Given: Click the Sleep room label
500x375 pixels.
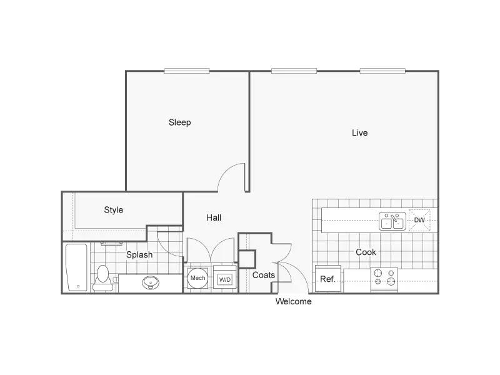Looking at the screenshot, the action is coord(179,122).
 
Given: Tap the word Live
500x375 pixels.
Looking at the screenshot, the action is coord(360,132).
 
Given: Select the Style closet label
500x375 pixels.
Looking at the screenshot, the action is coord(114,210).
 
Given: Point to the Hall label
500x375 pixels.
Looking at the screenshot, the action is coord(214,217).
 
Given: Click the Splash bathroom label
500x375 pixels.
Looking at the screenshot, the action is coord(139,255).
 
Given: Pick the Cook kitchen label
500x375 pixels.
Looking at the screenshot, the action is coord(366,252).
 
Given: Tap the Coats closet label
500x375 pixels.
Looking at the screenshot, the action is coord(263,275).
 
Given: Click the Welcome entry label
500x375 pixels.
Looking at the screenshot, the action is coord(293,301).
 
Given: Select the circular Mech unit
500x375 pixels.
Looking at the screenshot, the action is coord(197,278).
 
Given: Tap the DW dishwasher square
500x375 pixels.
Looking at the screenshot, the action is coord(419,220).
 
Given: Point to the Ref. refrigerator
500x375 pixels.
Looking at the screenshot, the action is coord(327,279).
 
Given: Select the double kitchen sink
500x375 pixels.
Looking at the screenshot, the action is coord(392,221).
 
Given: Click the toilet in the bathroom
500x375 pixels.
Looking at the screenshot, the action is coord(102,277).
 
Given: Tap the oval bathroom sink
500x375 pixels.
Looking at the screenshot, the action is coord(151,282).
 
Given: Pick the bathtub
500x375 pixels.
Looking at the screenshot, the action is coord(76,267).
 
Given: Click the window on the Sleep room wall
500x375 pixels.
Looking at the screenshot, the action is coord(187,71).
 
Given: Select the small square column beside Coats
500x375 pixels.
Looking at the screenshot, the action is coord(247,259).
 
